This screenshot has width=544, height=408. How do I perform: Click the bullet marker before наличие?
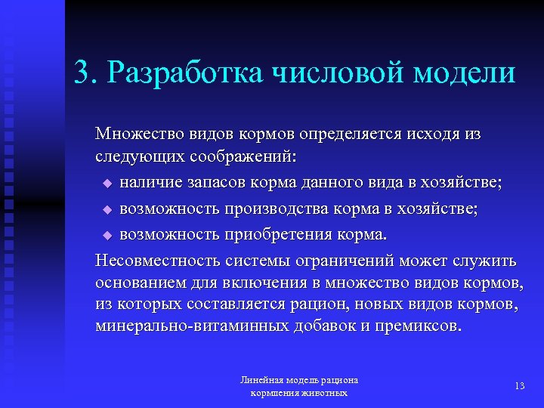point(107,184)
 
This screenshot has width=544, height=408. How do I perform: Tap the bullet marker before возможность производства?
point(107,209)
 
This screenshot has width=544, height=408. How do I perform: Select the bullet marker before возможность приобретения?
point(107,236)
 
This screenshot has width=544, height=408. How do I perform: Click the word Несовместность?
point(157,261)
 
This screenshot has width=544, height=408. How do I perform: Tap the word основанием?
point(141,283)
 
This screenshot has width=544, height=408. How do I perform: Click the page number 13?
point(519,385)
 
